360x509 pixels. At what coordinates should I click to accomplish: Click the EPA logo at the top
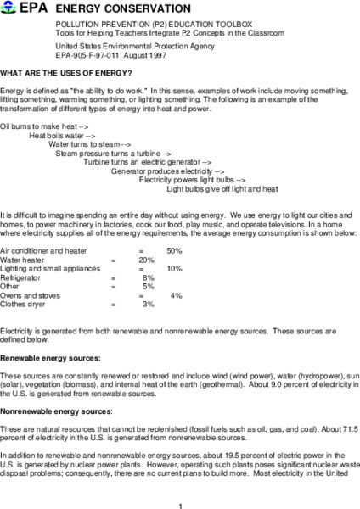(x=20, y=7)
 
